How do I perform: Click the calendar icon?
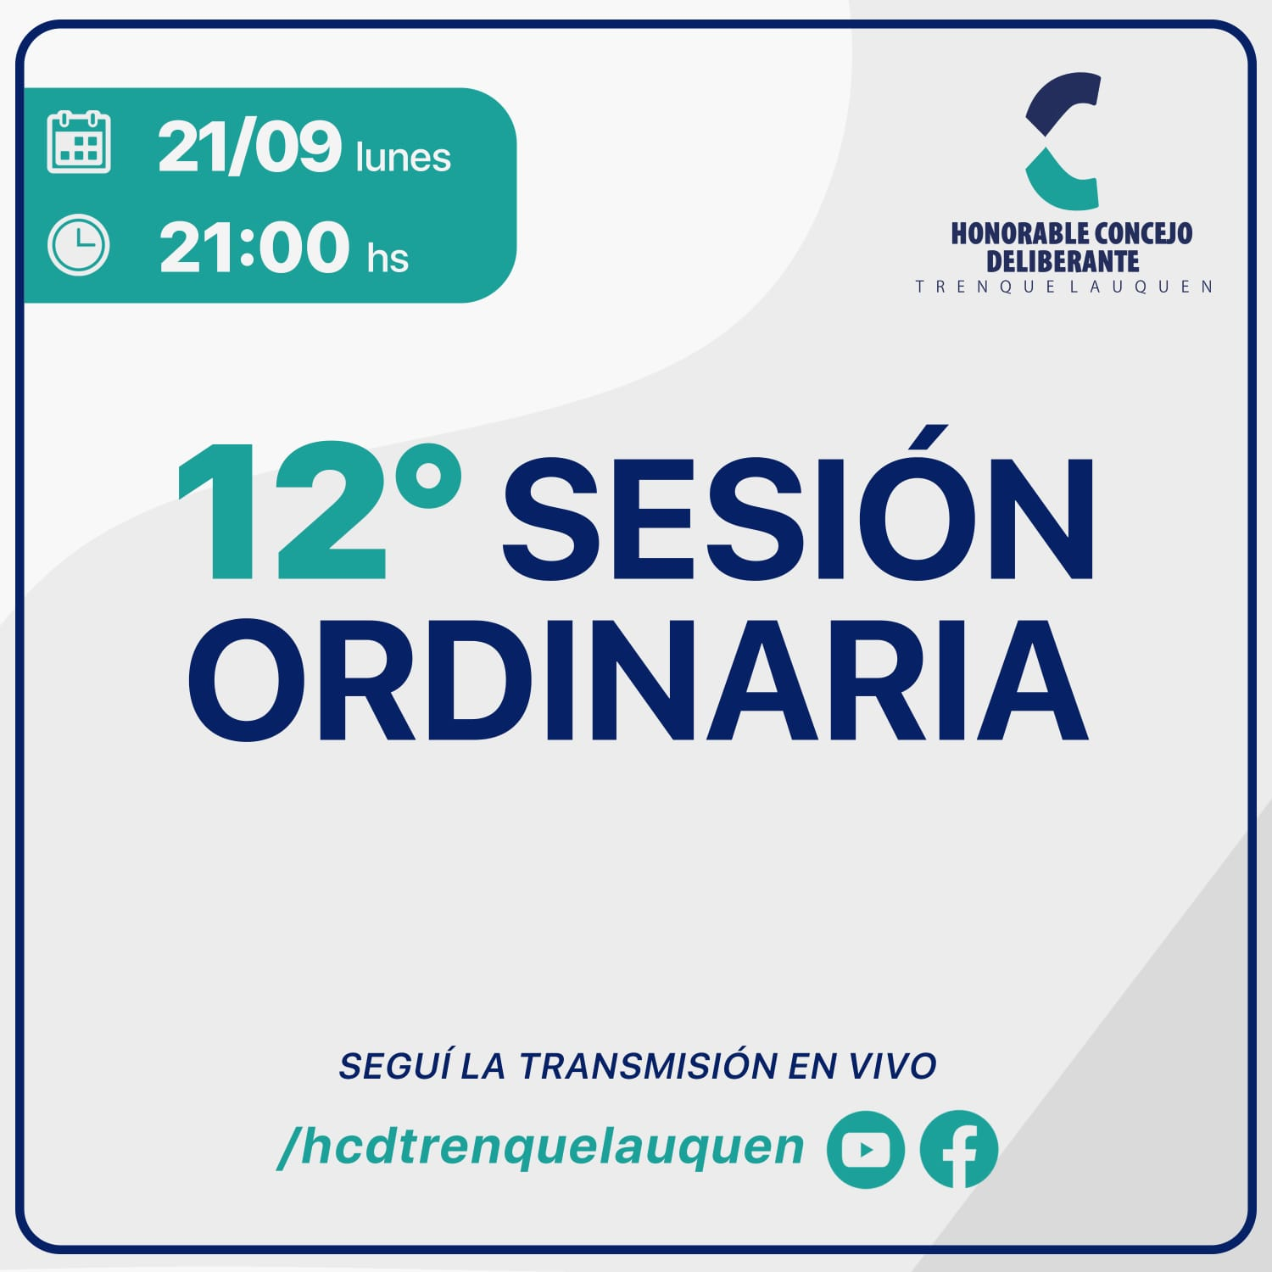coord(79,142)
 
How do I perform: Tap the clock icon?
coord(79,246)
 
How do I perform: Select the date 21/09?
coord(249,147)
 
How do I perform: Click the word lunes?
coord(404,157)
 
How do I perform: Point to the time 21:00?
coord(254,247)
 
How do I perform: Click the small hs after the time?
coord(388,257)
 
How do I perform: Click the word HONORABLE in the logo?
coord(1020,233)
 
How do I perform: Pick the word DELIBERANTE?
coord(1063,260)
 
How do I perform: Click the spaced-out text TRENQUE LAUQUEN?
coord(1064,287)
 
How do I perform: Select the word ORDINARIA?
coord(638,679)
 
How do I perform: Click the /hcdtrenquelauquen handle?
coord(541,1148)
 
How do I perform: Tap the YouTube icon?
coord(866,1149)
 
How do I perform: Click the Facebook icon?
coord(959,1149)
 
